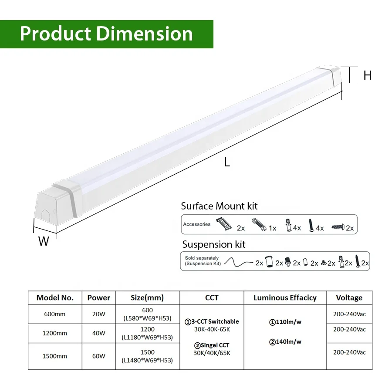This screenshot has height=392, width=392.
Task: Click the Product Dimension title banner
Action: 106,34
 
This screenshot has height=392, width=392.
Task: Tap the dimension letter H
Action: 367,75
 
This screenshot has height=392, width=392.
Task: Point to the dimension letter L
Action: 227,162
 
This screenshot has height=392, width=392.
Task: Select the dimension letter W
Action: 44,241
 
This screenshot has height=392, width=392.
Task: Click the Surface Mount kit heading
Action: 219,206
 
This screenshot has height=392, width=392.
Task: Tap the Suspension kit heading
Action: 213,244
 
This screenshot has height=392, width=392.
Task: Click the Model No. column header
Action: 55,298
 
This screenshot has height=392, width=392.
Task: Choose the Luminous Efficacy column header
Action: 285,298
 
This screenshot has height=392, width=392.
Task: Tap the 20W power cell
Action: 98,314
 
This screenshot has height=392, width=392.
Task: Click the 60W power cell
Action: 98,356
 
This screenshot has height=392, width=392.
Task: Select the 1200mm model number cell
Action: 55,333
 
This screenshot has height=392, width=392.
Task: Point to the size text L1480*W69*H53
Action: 147,360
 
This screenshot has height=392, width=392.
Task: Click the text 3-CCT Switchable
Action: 212,321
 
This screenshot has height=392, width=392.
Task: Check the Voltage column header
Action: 349,298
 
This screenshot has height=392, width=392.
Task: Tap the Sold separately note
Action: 203,261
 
